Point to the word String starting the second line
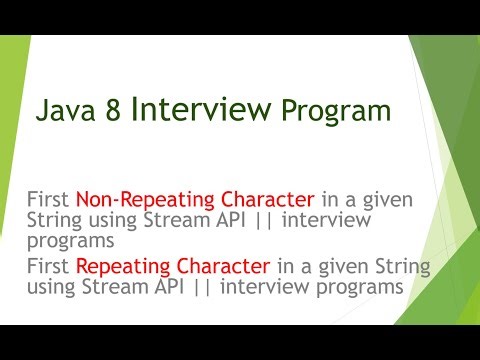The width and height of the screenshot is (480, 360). click(54, 220)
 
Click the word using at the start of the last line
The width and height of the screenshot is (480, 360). click(51, 287)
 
